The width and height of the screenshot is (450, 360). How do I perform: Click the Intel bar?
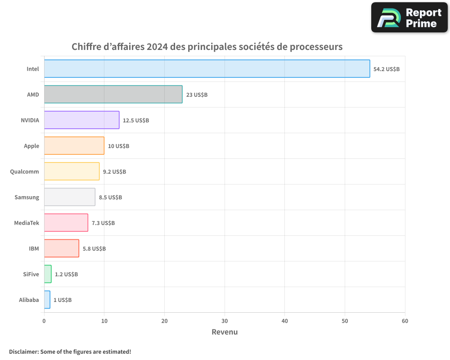207,69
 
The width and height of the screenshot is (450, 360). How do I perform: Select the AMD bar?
113,94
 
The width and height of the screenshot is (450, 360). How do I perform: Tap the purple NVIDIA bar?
81,120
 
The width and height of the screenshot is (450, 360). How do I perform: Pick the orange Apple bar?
74,146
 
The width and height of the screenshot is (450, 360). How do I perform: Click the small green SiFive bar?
48,274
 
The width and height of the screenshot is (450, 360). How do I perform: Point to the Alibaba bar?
47,300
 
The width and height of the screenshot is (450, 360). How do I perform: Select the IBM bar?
62,248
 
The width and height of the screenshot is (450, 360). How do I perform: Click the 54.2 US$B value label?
387,69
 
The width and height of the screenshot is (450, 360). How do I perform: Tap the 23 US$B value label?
197,95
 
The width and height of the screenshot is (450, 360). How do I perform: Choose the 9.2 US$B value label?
114,172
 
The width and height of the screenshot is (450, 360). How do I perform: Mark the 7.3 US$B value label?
103,223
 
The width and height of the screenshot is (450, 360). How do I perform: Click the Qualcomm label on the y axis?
24,171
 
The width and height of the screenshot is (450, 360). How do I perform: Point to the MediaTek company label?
27,223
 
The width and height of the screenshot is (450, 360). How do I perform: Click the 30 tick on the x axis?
225,321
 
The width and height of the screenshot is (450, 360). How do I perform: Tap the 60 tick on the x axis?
405,321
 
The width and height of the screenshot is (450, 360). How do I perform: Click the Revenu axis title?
225,332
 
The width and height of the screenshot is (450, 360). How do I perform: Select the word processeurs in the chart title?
316,47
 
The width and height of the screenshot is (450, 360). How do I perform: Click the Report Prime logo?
409,18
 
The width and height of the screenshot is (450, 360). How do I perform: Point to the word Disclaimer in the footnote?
23,351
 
